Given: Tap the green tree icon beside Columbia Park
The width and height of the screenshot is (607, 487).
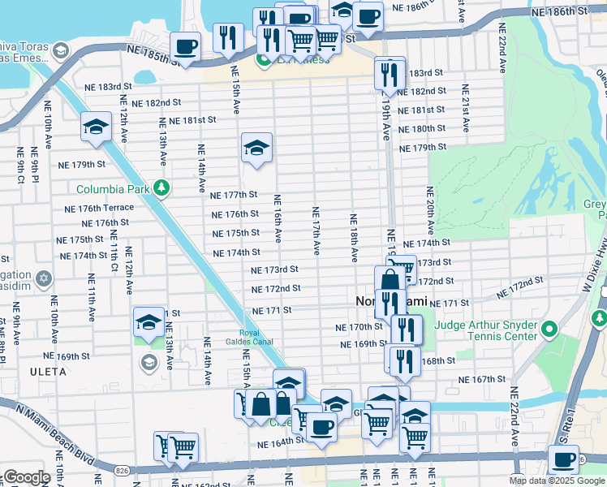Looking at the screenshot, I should (162, 189).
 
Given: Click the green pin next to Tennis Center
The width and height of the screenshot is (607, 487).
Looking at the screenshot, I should (549, 330).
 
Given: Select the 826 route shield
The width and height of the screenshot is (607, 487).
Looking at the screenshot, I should (121, 470).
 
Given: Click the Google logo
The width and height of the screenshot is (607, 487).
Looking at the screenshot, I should (26, 477).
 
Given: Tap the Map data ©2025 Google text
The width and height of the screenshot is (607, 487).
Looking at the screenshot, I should (557, 481).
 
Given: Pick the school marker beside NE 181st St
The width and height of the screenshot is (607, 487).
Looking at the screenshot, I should (96, 127).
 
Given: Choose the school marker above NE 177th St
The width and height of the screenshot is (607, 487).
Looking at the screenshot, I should (256, 148).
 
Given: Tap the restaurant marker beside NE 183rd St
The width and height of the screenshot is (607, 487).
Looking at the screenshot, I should (390, 74).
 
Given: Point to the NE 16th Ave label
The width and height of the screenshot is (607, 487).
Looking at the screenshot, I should (278, 219).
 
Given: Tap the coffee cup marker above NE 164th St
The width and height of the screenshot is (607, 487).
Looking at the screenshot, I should (321, 426).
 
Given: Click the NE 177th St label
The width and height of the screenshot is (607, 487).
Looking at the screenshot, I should (234, 195).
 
